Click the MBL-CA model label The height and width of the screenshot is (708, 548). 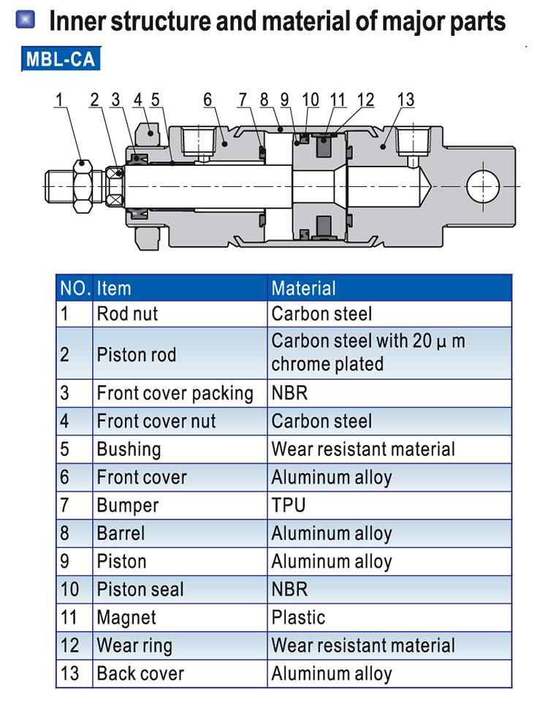pyautogui.click(x=61, y=58)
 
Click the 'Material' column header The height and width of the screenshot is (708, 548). pyautogui.click(x=303, y=288)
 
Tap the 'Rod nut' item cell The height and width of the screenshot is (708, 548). pyautogui.click(x=127, y=314)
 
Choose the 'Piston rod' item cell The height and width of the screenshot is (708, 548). pyautogui.click(x=136, y=355)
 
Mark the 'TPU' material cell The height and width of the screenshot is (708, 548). pyautogui.click(x=289, y=505)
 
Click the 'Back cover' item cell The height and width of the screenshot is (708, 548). pyautogui.click(x=140, y=673)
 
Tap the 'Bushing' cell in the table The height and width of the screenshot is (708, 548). pyautogui.click(x=129, y=449)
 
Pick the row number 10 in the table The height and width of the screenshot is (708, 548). pyautogui.click(x=69, y=589)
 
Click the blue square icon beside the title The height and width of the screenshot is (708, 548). pyautogui.click(x=25, y=20)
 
